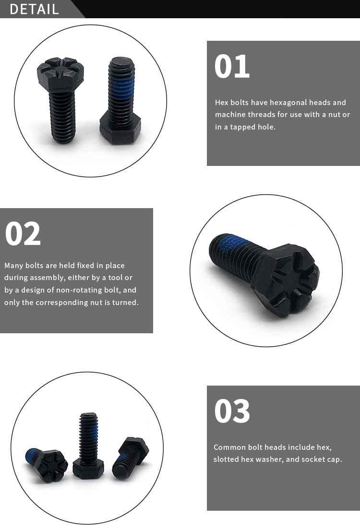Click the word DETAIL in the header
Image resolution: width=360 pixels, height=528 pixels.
(x=34, y=9)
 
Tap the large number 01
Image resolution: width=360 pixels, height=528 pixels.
(x=232, y=67)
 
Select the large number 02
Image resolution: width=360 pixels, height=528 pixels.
(x=23, y=234)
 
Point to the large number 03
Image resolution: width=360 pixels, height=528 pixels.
(x=232, y=411)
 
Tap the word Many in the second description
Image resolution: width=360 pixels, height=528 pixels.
(x=14, y=266)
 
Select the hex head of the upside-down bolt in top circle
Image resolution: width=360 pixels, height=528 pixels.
(x=120, y=129)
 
